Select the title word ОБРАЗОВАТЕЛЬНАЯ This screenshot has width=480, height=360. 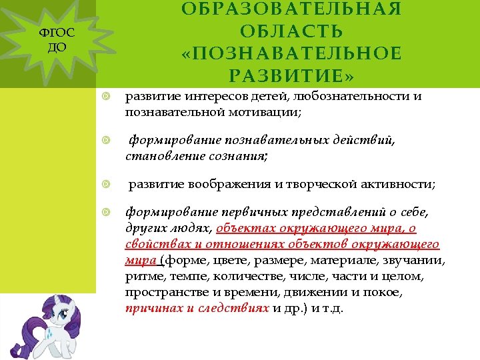click(x=291, y=9)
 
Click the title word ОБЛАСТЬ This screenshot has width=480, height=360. click(x=291, y=31)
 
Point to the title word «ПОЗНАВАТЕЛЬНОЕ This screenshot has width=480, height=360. click(x=291, y=53)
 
